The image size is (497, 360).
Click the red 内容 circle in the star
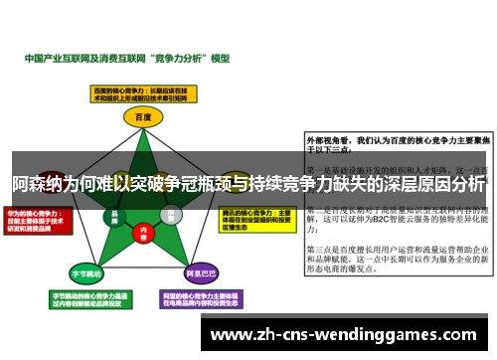[x=143, y=237]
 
